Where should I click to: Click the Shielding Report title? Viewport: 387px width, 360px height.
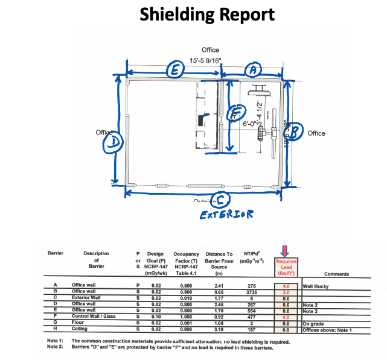[x=199, y=15]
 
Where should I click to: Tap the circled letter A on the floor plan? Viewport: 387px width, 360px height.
[x=253, y=71]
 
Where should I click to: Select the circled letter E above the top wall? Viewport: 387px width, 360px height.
[x=175, y=71]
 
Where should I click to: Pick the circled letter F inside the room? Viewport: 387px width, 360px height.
[x=237, y=112]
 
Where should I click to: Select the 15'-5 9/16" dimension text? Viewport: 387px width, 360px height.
[x=205, y=61]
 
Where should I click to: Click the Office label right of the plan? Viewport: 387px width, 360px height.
[x=316, y=133]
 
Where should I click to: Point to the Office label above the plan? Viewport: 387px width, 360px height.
[x=210, y=50]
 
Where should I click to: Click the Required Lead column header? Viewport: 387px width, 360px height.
[x=286, y=267]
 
